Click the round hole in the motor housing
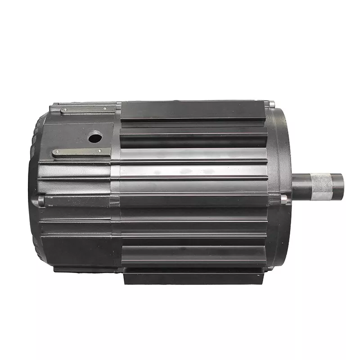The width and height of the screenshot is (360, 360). (x=95, y=136)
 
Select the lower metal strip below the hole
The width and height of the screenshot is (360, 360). (x=81, y=152)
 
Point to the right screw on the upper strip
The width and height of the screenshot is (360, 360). (x=106, y=109)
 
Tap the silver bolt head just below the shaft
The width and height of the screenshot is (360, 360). (x=283, y=198)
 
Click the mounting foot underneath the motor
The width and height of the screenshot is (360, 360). (x=193, y=277)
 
